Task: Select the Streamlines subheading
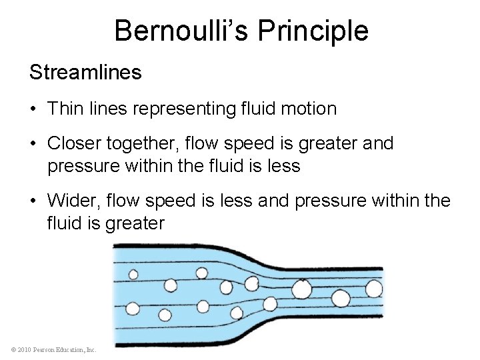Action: point(85,73)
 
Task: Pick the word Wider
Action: point(71,201)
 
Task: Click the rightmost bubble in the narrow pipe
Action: point(374,289)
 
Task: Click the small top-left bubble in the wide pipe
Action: point(133,274)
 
